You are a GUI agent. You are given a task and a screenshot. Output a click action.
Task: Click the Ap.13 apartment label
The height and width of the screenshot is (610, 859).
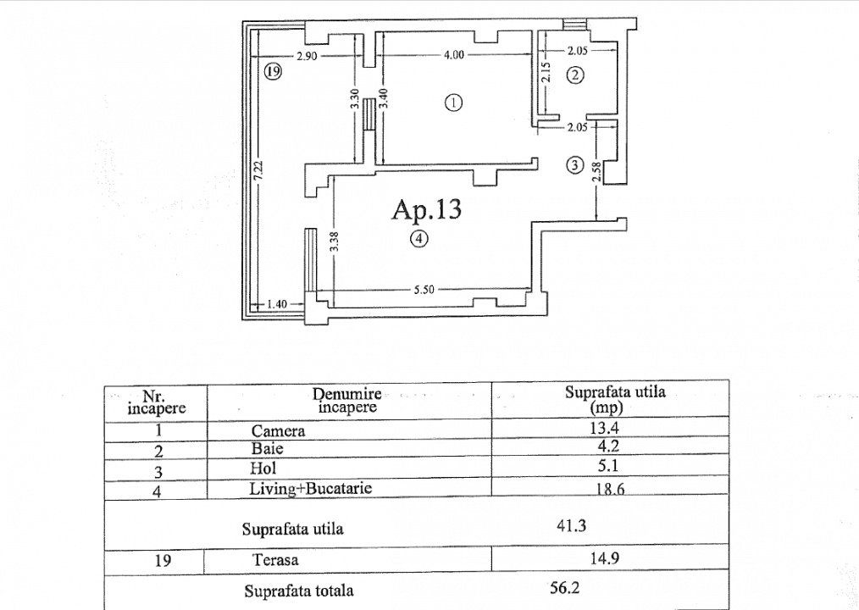pos(427,209)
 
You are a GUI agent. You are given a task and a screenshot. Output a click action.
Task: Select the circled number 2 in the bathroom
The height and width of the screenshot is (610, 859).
pos(575,75)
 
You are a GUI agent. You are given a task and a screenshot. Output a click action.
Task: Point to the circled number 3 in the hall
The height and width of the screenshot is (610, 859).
pos(575,165)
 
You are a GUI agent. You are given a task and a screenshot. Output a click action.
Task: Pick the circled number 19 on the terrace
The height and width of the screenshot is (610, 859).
pos(271,72)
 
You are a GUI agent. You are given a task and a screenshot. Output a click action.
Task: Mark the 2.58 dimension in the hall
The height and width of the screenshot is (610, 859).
pos(597,173)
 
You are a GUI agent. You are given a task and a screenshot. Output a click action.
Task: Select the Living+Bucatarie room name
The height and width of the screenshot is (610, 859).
pos(310,488)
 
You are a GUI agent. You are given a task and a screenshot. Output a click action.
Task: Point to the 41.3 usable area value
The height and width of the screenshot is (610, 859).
pos(573,525)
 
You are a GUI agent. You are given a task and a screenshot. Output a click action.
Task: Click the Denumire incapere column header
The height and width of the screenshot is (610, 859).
pos(347,400)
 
